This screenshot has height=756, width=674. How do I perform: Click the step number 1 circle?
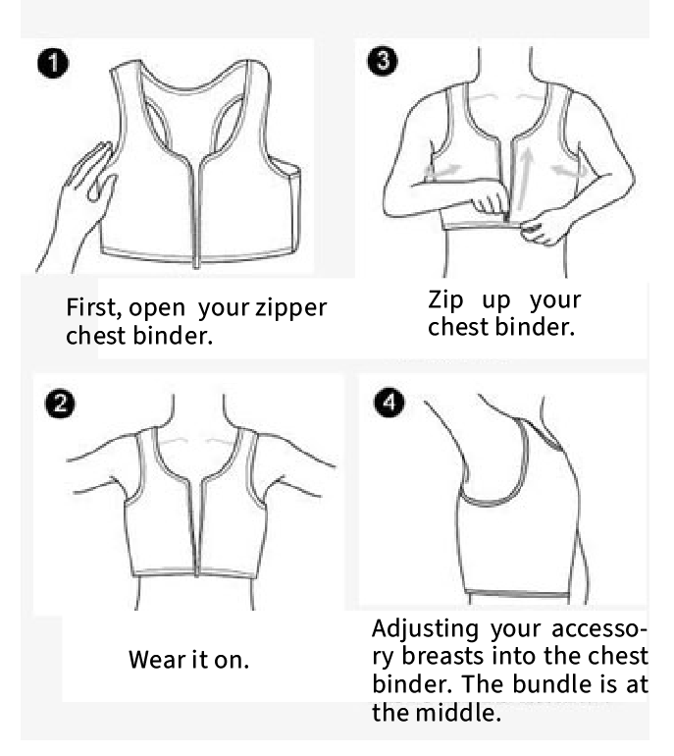point(53,63)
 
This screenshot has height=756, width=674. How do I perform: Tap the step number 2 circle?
point(60,404)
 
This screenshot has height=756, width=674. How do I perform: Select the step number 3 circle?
point(383,61)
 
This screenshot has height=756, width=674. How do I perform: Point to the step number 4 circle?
point(389,403)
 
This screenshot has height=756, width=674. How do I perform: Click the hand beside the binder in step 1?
point(79,202)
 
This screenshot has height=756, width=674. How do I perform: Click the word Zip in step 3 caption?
point(445,300)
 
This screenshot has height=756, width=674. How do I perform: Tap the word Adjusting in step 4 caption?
point(426,630)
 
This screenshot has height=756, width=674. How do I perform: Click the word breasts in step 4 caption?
point(442,656)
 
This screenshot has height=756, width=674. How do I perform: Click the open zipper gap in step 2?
point(197,525)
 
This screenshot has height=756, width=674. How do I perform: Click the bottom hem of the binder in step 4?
point(517,594)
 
